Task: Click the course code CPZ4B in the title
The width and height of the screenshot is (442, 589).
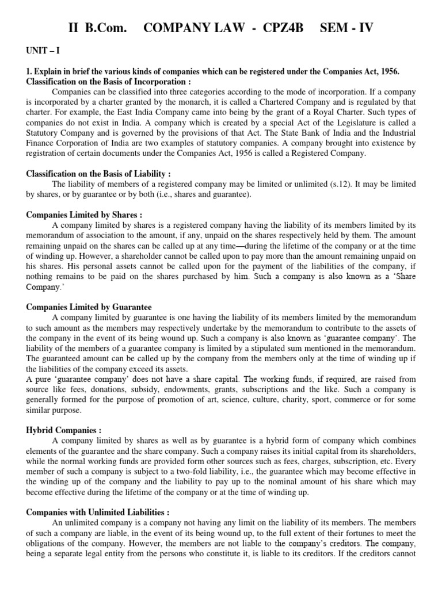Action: [x=280, y=28]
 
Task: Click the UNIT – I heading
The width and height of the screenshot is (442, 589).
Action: [x=42, y=51]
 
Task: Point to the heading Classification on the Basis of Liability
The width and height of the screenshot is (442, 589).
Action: [x=98, y=173]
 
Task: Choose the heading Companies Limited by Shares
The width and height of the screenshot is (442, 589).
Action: [x=78, y=215]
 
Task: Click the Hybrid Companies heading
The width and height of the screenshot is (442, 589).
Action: [x=63, y=430]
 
